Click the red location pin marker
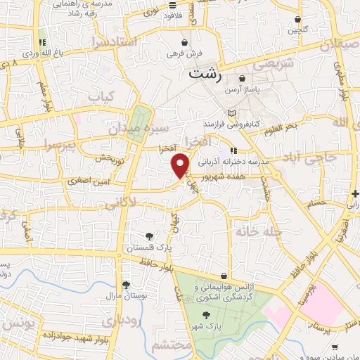click(x=181, y=165)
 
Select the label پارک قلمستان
click(x=148, y=248)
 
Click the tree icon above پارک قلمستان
click(x=148, y=237)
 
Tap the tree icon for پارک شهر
click(x=206, y=316)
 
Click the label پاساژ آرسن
click(x=243, y=91)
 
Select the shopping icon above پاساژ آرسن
click(x=243, y=79)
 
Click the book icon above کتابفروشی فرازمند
click(x=233, y=112)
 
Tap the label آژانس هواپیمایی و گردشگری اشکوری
click(x=224, y=290)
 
